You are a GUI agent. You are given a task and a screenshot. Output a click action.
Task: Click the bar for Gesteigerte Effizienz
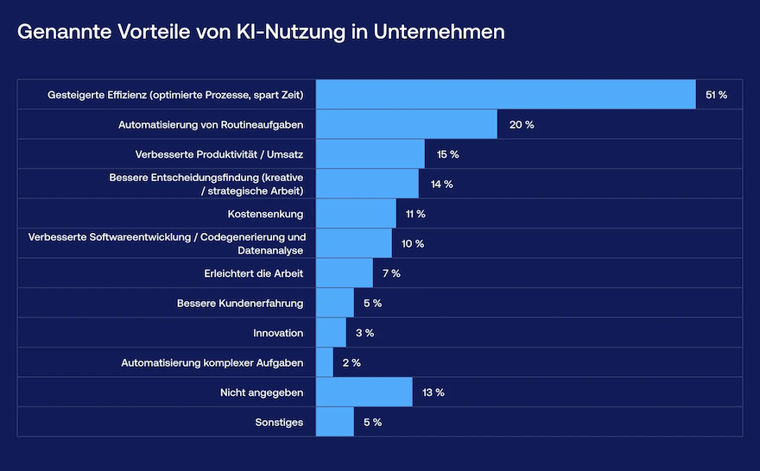click(505, 95)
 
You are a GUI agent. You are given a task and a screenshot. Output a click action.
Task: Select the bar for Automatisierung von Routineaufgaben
click(406, 125)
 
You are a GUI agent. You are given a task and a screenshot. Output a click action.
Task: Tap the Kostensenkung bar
click(356, 214)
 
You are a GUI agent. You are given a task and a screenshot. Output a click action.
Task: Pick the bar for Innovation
click(331, 333)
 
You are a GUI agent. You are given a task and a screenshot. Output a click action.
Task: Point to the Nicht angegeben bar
click(364, 392)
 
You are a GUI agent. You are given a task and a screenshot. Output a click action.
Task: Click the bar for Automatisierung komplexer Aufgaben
click(325, 362)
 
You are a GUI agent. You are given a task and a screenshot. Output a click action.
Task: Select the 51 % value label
click(716, 95)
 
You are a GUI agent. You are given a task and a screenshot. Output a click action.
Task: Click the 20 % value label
click(522, 125)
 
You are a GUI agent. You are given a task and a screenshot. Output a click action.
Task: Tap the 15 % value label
click(447, 154)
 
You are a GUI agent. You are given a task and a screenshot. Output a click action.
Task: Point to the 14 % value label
click(442, 185)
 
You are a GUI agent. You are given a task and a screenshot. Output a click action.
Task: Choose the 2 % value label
click(351, 363)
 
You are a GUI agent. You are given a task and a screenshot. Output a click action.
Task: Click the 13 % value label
click(434, 392)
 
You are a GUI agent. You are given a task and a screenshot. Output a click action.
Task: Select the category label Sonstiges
click(279, 423)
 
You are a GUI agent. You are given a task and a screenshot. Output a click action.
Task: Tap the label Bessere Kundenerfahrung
click(240, 304)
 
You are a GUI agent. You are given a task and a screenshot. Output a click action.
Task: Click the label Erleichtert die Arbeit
click(248, 273)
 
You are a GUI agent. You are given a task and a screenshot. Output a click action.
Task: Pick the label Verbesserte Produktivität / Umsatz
click(219, 154)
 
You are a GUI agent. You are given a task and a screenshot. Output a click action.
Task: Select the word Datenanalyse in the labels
click(269, 250)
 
